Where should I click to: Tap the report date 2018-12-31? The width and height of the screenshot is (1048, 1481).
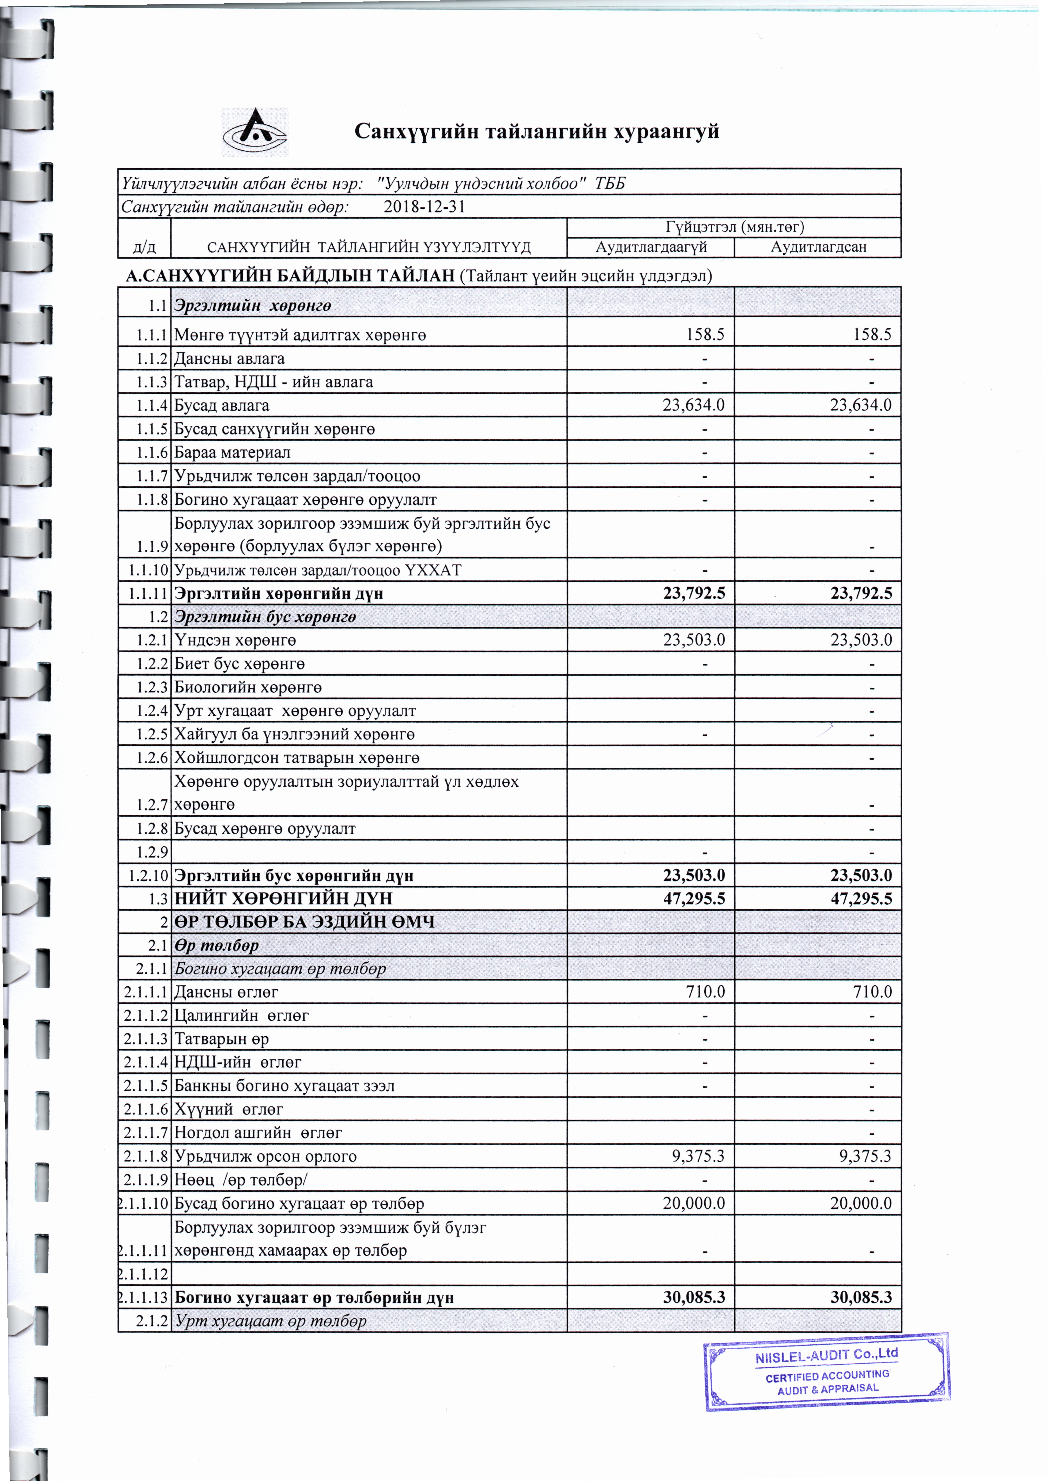pos(424,207)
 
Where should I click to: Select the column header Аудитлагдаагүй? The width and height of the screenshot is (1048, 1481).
pos(651,247)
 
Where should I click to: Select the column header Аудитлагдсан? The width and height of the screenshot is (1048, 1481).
pos(818,247)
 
